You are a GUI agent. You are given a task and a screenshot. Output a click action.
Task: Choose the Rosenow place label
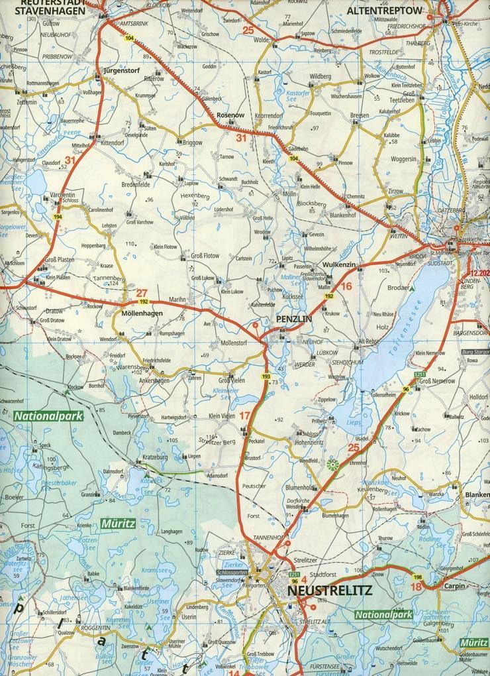(x=231, y=115)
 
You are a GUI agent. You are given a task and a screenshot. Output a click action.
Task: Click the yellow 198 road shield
(x=418, y=577)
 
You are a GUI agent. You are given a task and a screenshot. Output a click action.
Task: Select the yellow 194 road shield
(x=58, y=217)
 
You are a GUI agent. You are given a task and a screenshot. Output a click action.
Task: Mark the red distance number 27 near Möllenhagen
(x=142, y=292)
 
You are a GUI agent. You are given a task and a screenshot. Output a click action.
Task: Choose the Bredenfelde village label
(x=137, y=184)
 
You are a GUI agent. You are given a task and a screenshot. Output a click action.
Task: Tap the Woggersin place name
(x=404, y=159)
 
